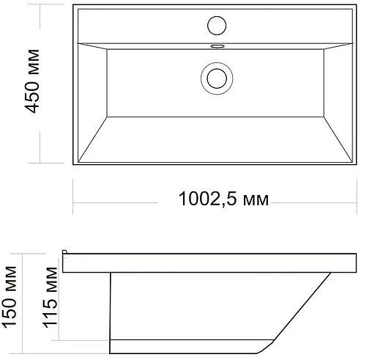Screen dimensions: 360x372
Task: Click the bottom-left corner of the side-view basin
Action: point(111,354)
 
